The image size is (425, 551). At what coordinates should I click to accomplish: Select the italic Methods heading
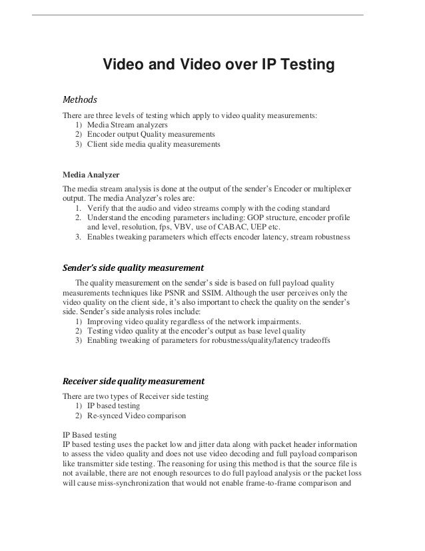pyautogui.click(x=80, y=100)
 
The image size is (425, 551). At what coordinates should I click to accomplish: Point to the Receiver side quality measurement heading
pyautogui.click(x=133, y=382)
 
